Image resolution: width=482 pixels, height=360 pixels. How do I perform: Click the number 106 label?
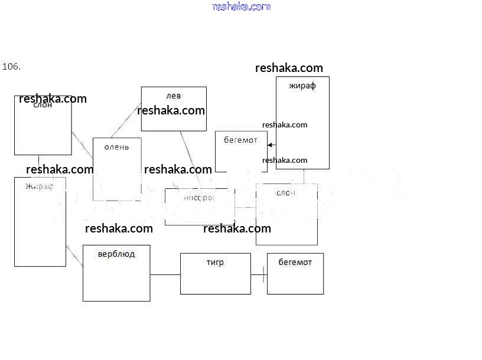12,67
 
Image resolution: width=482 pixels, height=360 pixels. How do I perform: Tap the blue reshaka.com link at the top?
241,6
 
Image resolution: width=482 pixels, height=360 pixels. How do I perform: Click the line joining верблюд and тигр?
165,274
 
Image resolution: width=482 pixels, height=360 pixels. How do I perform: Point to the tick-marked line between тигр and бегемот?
259,274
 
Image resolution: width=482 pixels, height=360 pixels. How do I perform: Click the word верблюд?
116,254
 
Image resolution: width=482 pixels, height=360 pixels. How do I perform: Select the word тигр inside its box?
215,262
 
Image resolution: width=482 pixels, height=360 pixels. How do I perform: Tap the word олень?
116,147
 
